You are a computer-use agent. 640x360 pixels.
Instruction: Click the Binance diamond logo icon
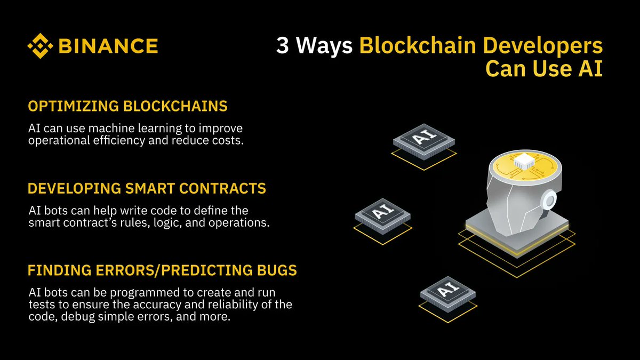tap(41, 46)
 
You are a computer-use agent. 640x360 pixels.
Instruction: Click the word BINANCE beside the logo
tap(108, 46)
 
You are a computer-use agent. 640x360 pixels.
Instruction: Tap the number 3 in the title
tap(282, 46)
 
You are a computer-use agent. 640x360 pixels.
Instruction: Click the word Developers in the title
tap(542, 46)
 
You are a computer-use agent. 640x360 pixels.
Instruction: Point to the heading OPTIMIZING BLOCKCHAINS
tap(127, 106)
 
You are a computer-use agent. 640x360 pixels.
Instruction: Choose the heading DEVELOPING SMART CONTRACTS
tap(147, 188)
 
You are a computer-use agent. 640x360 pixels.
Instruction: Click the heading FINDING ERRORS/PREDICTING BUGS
tap(162, 270)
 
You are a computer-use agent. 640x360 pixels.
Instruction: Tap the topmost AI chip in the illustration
tap(425, 140)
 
